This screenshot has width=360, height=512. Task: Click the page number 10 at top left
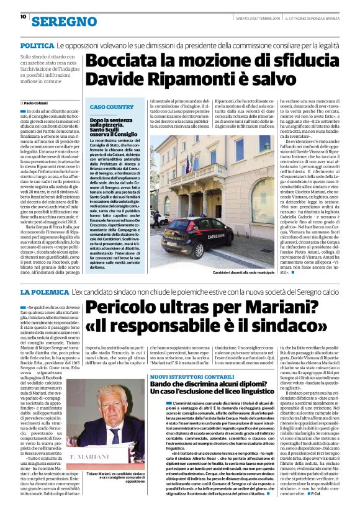22,17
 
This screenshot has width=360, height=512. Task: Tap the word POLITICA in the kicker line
37,47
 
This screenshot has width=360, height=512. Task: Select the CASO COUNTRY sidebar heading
112,107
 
